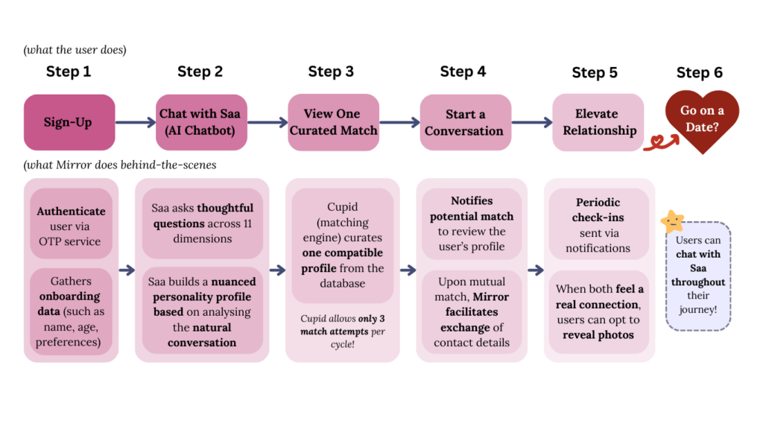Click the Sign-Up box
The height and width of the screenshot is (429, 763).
pos(69,122)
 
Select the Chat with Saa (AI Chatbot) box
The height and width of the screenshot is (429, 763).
pos(200,122)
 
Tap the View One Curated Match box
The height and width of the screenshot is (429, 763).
pos(333,122)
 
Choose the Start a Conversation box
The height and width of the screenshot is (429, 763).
pos(464,122)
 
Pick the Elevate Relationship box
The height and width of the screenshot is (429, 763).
pos(598,122)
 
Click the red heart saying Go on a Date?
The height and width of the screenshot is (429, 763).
pos(701,119)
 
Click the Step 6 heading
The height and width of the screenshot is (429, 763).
pos(699,72)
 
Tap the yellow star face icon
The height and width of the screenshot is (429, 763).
pos(672,221)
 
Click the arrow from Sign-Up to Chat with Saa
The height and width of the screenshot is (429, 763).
pos(135,123)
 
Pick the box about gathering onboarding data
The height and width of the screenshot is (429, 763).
pos(71,311)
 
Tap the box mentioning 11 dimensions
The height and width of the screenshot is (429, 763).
pos(203,223)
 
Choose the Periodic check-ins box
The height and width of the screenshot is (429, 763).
pos(598,225)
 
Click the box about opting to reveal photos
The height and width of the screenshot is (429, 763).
pos(598,311)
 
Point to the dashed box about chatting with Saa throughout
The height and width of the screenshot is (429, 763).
pos(697,276)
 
